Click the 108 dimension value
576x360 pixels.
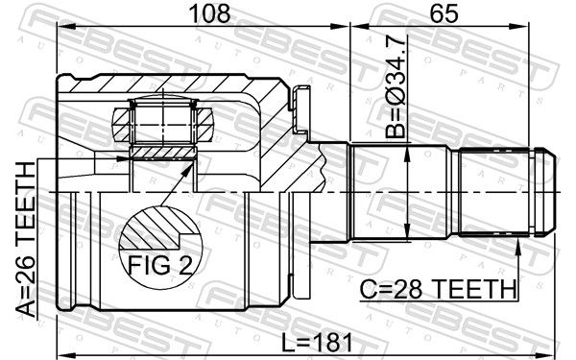point(209,14)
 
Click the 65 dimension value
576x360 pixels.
point(444,14)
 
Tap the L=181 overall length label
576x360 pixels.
point(317,343)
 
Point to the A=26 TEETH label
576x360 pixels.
point(26,239)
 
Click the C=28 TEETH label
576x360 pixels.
point(438,289)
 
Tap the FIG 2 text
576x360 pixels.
point(159,265)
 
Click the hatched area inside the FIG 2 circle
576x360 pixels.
point(155,227)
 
